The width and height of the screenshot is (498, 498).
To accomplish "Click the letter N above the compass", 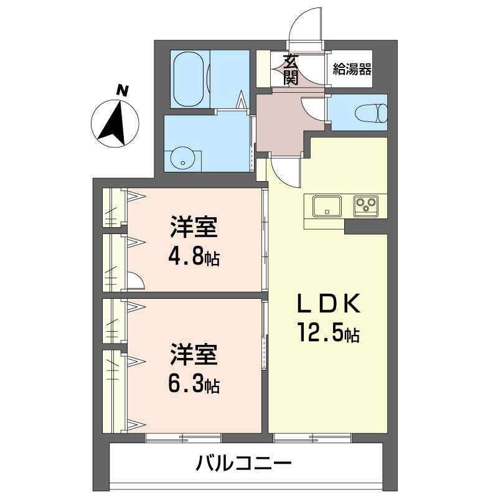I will (123, 90).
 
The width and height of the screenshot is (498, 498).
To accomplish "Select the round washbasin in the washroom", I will (182, 158).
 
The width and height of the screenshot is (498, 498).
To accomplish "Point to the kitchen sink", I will (327, 205).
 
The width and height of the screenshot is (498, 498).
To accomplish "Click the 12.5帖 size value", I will (328, 334).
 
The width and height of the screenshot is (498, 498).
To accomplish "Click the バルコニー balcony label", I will (244, 463).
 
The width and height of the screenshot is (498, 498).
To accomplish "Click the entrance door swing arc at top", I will (306, 23).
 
